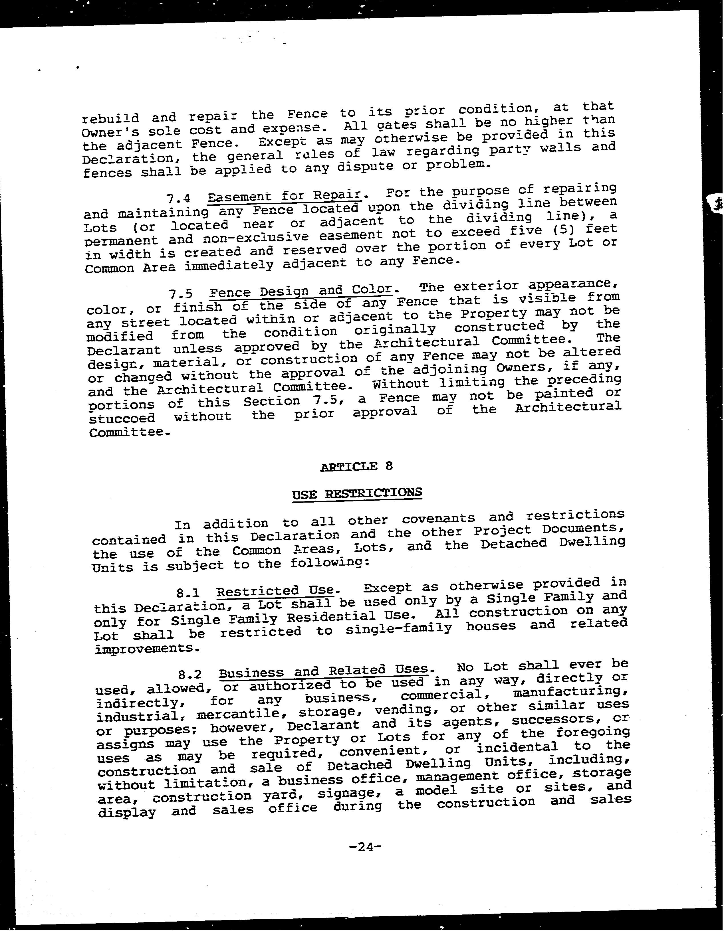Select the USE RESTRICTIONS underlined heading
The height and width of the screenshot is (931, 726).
357,493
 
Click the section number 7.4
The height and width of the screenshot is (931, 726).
178,199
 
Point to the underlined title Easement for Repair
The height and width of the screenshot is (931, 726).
285,196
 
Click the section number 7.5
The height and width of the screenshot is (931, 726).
180,294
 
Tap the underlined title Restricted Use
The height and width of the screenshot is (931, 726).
275,591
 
